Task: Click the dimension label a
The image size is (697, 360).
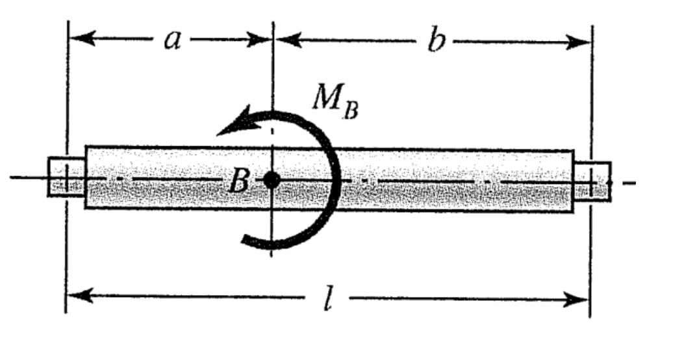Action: [x=171, y=40]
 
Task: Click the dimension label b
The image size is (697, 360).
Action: [x=437, y=42]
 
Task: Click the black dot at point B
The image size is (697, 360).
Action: [x=272, y=180]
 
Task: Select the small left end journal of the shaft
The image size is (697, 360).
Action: [x=66, y=177]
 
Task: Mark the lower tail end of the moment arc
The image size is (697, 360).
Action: [x=246, y=240]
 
